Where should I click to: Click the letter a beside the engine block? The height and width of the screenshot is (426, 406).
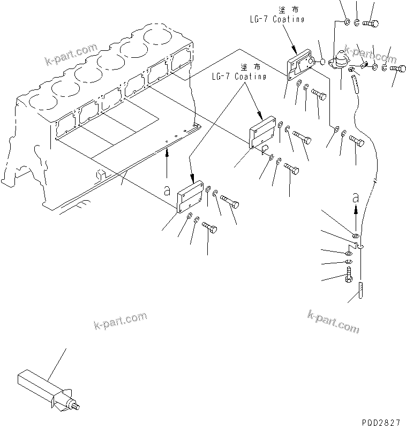click(167, 189)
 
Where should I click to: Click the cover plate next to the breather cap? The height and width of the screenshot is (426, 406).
click(300, 65)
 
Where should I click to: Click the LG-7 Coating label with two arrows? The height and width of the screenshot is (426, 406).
click(238, 72)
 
